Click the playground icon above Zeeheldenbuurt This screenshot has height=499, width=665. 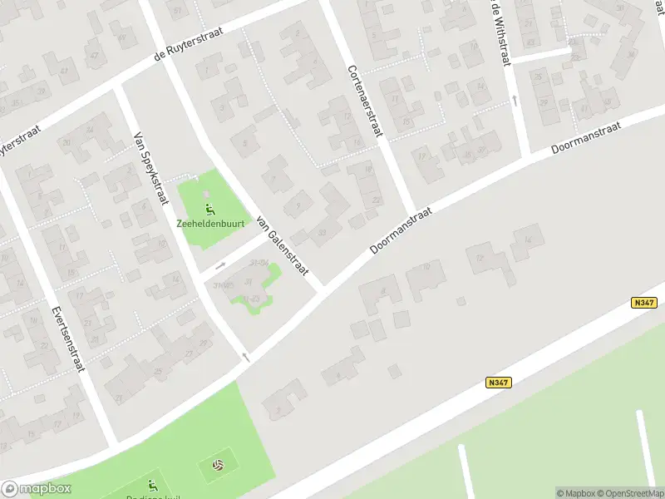pyautogui.click(x=209, y=209)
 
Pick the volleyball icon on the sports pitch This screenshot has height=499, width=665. pyautogui.click(x=218, y=464)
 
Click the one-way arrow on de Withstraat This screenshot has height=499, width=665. pyautogui.click(x=515, y=101)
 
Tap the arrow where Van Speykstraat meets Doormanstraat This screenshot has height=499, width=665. pyautogui.click(x=245, y=357)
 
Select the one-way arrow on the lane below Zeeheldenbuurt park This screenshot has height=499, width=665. pyautogui.click(x=220, y=266)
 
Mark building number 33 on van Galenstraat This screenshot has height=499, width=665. pyautogui.click(x=322, y=232)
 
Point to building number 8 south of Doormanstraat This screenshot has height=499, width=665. pyautogui.click(x=383, y=290)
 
